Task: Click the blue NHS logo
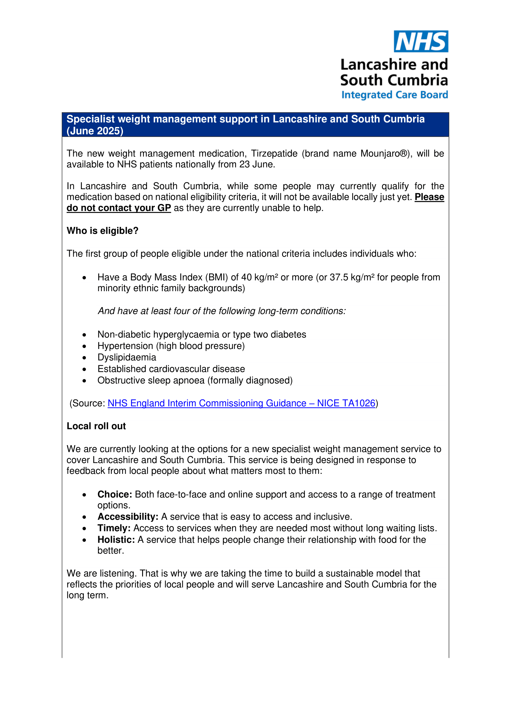click(421, 41)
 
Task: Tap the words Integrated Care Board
click(395, 95)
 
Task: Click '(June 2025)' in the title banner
click(95, 131)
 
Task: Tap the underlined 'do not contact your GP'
click(119, 208)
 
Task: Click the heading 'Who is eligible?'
click(103, 231)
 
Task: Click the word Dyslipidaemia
click(127, 357)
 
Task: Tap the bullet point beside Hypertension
click(84, 346)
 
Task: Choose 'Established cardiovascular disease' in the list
click(171, 369)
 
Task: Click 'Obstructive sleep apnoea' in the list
click(151, 381)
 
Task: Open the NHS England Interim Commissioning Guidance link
click(241, 403)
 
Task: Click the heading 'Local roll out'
click(96, 426)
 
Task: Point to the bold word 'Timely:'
click(114, 528)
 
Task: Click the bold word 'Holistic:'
click(116, 540)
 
